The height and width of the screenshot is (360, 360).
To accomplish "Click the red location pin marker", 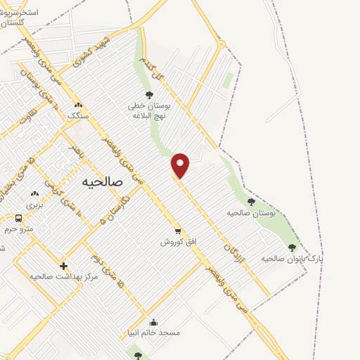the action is (x=181, y=165).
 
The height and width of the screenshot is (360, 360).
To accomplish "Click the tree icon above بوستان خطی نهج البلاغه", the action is (x=148, y=94).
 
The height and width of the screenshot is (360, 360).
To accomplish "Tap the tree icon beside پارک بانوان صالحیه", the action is (x=292, y=247).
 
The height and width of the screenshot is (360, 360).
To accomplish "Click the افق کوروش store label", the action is (x=179, y=241).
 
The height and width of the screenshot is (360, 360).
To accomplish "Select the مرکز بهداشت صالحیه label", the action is (x=63, y=276).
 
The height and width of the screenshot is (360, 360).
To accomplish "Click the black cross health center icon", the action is (x=64, y=266).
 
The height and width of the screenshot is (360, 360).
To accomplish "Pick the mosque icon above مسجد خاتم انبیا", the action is (x=153, y=321).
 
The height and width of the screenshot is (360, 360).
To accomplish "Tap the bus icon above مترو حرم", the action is (x=19, y=218).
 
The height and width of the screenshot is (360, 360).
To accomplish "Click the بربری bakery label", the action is (x=34, y=205).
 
